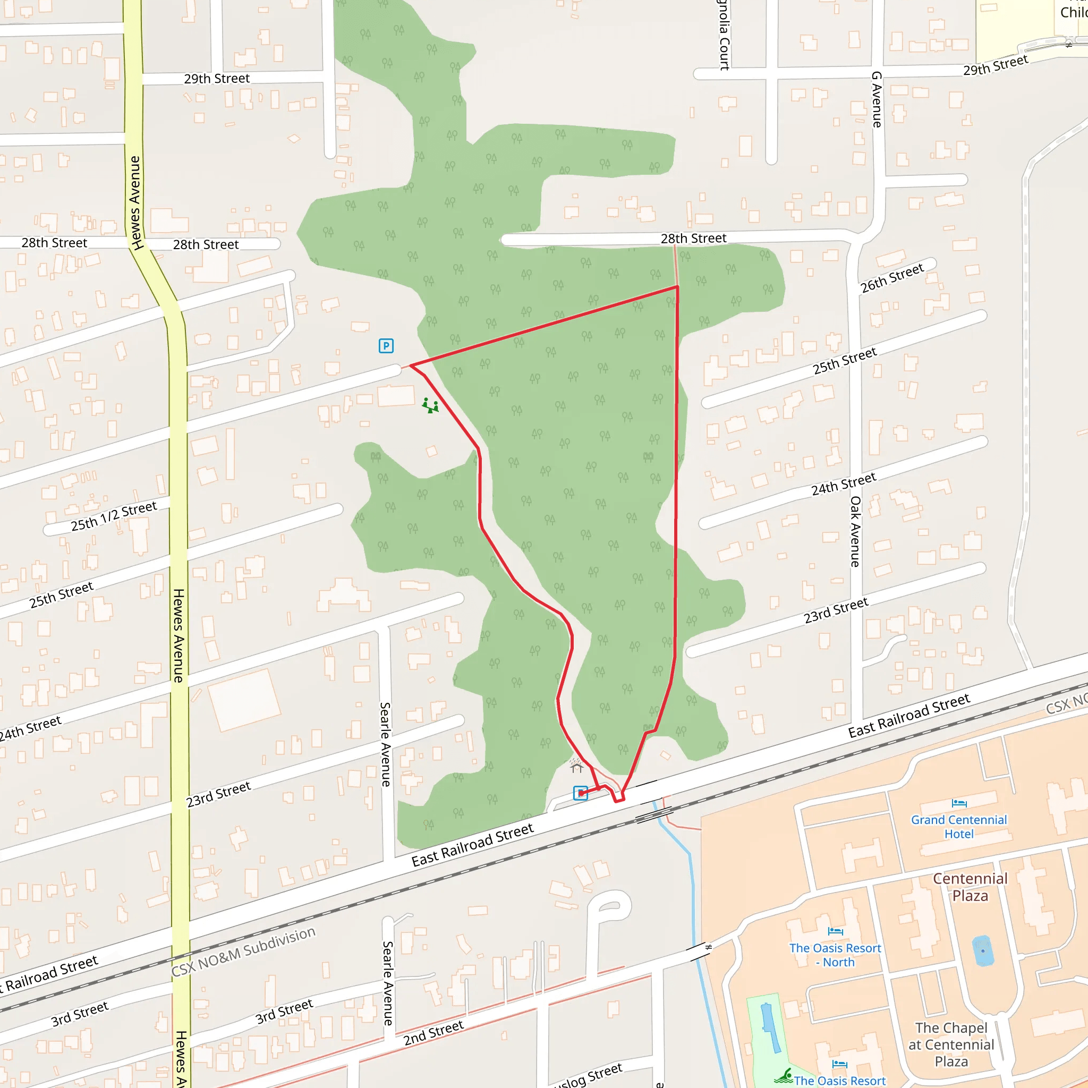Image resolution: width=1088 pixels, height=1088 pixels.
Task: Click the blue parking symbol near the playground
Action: coord(386,346)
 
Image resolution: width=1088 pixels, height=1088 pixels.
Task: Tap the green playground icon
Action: coord(430,405)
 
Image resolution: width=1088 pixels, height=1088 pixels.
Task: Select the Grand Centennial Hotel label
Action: coord(958,827)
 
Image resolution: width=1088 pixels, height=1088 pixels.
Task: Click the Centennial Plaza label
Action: coord(970,887)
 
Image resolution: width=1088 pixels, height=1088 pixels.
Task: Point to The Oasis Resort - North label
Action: coord(835,955)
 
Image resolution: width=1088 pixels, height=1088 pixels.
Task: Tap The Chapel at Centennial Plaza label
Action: coord(951,1044)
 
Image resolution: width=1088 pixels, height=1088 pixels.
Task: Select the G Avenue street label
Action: coord(877,99)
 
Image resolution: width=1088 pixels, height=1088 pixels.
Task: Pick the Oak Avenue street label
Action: coord(855,532)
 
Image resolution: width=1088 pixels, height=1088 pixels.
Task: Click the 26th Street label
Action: coord(892,278)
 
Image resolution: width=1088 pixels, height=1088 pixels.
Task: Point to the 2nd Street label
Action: coord(433,1033)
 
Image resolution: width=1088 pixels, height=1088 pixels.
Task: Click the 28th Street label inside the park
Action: coord(693,239)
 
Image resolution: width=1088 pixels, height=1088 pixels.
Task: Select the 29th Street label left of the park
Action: coord(217,79)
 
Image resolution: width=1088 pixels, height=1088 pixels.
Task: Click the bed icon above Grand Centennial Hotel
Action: coord(959,803)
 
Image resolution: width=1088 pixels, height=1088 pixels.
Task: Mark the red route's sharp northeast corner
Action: coord(677,287)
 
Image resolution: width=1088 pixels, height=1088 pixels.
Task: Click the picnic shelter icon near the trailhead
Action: coord(576,766)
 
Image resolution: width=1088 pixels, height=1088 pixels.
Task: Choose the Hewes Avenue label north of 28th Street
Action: coord(135,203)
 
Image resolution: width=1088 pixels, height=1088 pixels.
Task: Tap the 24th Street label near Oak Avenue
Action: coord(844,484)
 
